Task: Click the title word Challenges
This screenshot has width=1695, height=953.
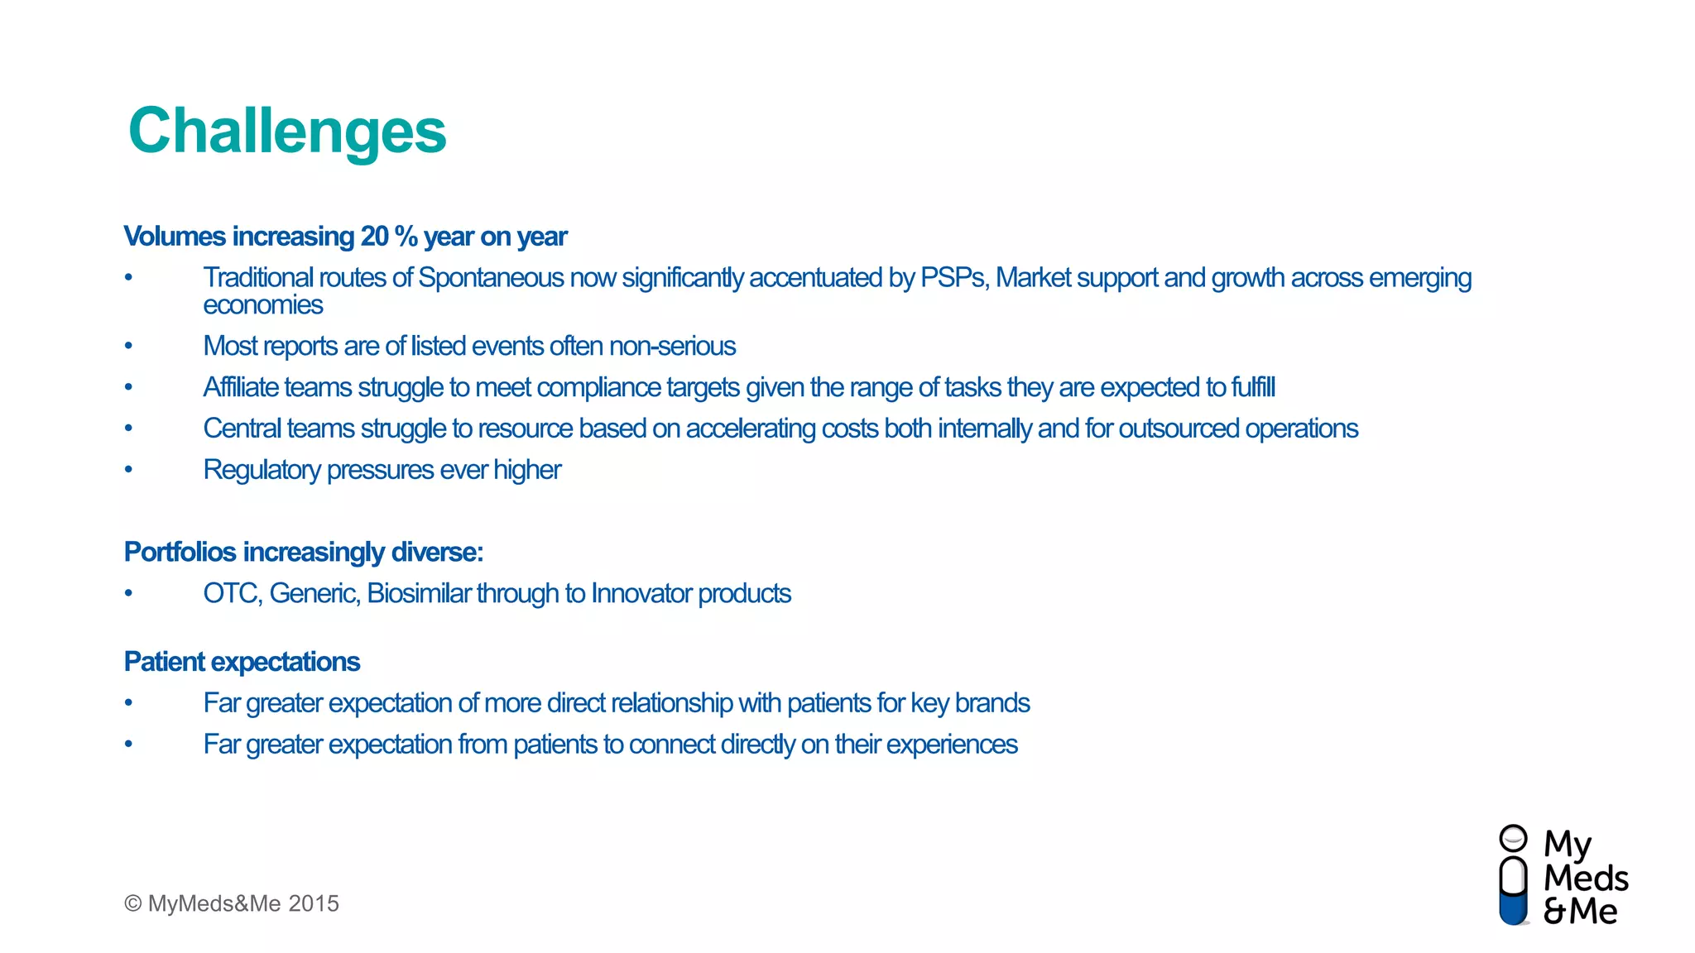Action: click(287, 132)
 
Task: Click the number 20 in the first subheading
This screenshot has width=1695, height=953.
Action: click(375, 237)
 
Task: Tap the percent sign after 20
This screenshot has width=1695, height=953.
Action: click(406, 237)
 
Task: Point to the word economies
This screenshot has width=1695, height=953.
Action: click(262, 305)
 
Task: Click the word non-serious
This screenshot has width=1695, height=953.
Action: click(672, 346)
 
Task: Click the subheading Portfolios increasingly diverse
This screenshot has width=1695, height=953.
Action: click(303, 552)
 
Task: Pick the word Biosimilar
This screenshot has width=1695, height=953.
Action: click(419, 594)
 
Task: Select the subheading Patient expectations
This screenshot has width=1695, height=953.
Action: click(242, 662)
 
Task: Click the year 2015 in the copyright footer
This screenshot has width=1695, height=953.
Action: click(314, 903)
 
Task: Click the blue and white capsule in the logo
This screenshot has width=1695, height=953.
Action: click(1513, 890)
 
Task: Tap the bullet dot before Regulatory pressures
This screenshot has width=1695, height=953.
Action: click(128, 470)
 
